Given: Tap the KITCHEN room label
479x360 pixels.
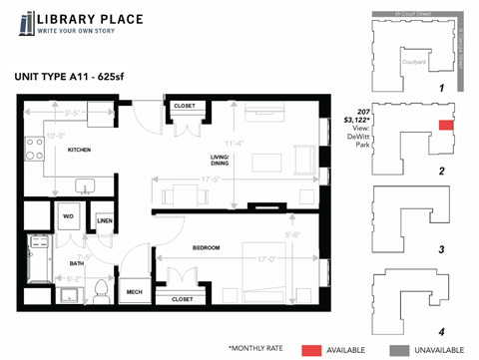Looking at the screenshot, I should tap(80, 150).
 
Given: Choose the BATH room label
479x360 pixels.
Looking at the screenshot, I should tap(77, 263).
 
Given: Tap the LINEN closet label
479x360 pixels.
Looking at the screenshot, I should tap(105, 221).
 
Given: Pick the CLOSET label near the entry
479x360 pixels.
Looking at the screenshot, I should tap(184, 106).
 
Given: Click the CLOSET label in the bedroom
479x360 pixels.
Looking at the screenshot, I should tap(182, 298).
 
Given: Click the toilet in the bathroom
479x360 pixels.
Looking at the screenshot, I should tap(99, 290).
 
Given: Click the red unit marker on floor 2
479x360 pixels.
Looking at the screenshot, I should tap(445, 126).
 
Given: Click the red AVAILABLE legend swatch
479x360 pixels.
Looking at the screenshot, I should tap(311, 348).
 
